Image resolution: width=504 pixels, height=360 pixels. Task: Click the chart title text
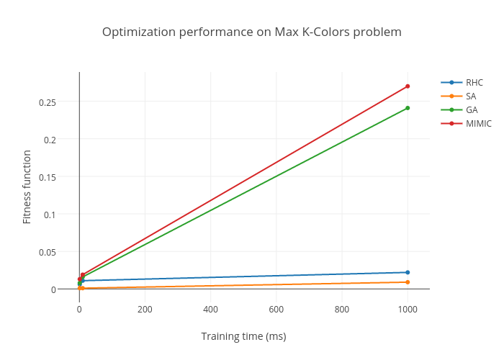(x=251, y=32)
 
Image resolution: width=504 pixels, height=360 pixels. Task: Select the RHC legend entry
(x=474, y=82)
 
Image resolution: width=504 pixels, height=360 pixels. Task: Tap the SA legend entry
(x=471, y=96)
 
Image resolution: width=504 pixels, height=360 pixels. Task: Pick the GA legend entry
(x=472, y=109)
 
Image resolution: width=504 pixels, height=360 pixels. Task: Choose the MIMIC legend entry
(x=478, y=124)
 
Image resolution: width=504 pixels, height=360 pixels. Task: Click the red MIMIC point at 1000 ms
(x=408, y=86)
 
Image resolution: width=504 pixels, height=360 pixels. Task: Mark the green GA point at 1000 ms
(x=408, y=108)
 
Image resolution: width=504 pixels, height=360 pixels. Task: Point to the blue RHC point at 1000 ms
(x=408, y=272)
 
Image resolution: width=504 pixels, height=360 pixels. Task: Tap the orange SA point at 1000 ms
(x=408, y=282)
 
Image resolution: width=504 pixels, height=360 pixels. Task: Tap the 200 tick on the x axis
(x=145, y=309)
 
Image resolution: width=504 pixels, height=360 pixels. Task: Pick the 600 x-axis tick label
(x=276, y=309)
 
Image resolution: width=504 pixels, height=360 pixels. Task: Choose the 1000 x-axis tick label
(x=408, y=309)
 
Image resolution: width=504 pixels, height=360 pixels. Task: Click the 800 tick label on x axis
(x=342, y=309)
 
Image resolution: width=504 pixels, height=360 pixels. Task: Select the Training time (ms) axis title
(x=243, y=336)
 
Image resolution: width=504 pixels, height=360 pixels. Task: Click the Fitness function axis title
(x=27, y=186)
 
